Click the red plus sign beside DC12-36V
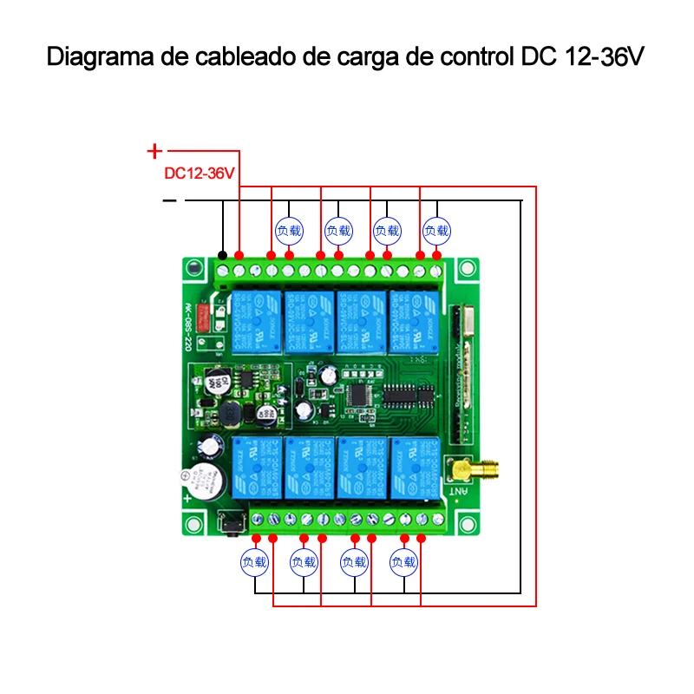point(154,150)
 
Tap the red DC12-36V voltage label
point(200,173)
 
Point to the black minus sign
point(169,201)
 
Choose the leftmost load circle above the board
point(290,231)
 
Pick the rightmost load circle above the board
point(437,231)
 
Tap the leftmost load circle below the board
point(255,562)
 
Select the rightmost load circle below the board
point(404,562)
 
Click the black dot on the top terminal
point(223,255)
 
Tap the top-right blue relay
point(413,322)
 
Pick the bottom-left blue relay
point(255,468)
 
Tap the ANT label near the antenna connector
point(457,491)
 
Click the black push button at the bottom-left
point(232,523)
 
